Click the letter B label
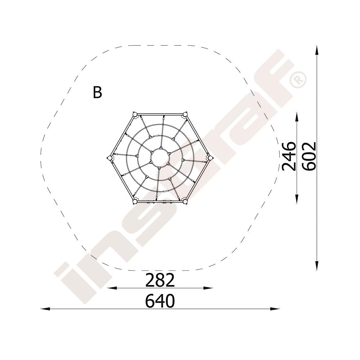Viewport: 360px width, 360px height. click(97, 92)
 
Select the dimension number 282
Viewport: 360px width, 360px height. click(160, 280)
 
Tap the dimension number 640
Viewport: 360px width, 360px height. click(160, 301)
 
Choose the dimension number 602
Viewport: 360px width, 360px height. click(309, 156)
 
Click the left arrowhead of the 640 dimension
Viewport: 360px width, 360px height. click(45, 309)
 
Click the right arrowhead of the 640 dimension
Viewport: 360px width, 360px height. click(275, 309)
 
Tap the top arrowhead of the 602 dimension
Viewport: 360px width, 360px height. click(317, 50)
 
